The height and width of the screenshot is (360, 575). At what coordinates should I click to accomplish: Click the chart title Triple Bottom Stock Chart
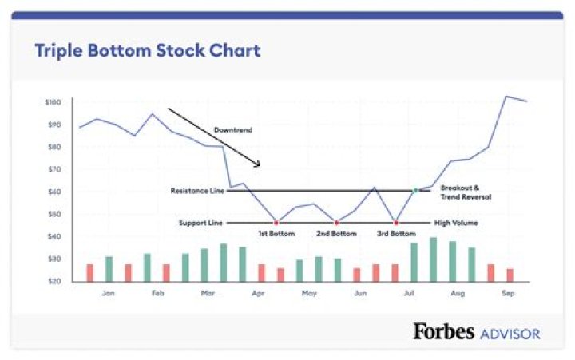point(147,51)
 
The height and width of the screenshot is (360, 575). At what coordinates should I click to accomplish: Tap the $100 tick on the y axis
point(52,102)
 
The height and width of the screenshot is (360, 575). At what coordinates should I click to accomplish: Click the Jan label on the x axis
point(108,293)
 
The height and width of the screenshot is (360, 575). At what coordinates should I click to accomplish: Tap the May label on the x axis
point(309,293)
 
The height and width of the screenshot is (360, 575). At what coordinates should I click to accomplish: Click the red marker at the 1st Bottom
point(276,223)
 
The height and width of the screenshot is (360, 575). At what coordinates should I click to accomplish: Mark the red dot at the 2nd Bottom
point(336,223)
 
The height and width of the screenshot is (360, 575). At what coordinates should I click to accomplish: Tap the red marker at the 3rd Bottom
point(396,223)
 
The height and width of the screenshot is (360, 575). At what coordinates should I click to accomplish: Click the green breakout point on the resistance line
point(415,190)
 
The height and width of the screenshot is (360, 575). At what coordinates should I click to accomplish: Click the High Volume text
point(456,223)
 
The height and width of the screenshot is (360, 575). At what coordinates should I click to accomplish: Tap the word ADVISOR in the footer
point(509,333)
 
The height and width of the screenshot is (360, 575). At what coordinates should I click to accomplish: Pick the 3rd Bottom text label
point(396,234)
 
